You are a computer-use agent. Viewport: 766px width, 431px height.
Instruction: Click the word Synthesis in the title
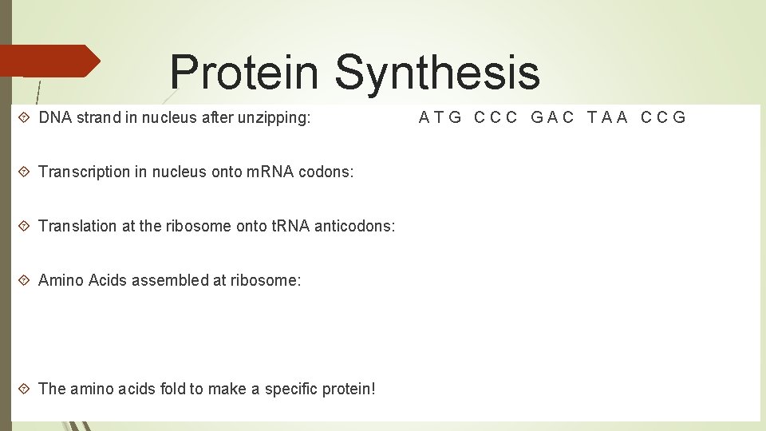[436, 73]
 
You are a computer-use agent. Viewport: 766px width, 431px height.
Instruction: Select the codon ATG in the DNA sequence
[440, 118]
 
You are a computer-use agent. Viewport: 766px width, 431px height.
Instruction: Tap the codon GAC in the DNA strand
[552, 118]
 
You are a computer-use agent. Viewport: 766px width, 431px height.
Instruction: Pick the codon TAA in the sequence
[607, 118]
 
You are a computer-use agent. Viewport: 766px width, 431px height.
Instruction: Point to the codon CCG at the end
[663, 118]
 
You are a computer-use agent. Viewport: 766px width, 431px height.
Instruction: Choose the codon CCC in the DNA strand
[496, 118]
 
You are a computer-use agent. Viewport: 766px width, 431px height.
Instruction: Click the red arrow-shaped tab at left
[48, 61]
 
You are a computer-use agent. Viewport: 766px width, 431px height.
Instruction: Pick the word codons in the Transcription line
[326, 172]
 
